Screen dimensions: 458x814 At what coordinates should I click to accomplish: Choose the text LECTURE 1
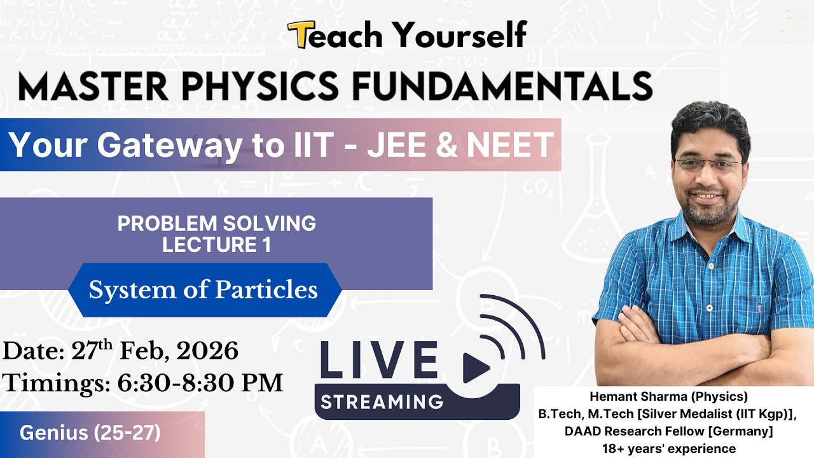[x=216, y=245]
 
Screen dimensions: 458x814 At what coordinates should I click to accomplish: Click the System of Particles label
[x=203, y=290]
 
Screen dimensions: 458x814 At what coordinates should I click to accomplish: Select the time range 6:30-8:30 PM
[x=200, y=383]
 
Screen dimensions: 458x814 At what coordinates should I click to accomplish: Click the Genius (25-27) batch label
[x=90, y=433]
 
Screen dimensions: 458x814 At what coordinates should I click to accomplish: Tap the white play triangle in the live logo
[x=474, y=367]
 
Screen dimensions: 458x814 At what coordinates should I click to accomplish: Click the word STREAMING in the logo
[x=382, y=401]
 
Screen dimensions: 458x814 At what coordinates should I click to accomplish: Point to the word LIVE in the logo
[x=379, y=361]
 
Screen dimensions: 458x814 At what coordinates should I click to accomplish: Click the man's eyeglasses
[x=708, y=165]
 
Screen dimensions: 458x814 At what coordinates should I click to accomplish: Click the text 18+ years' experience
[x=668, y=448]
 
